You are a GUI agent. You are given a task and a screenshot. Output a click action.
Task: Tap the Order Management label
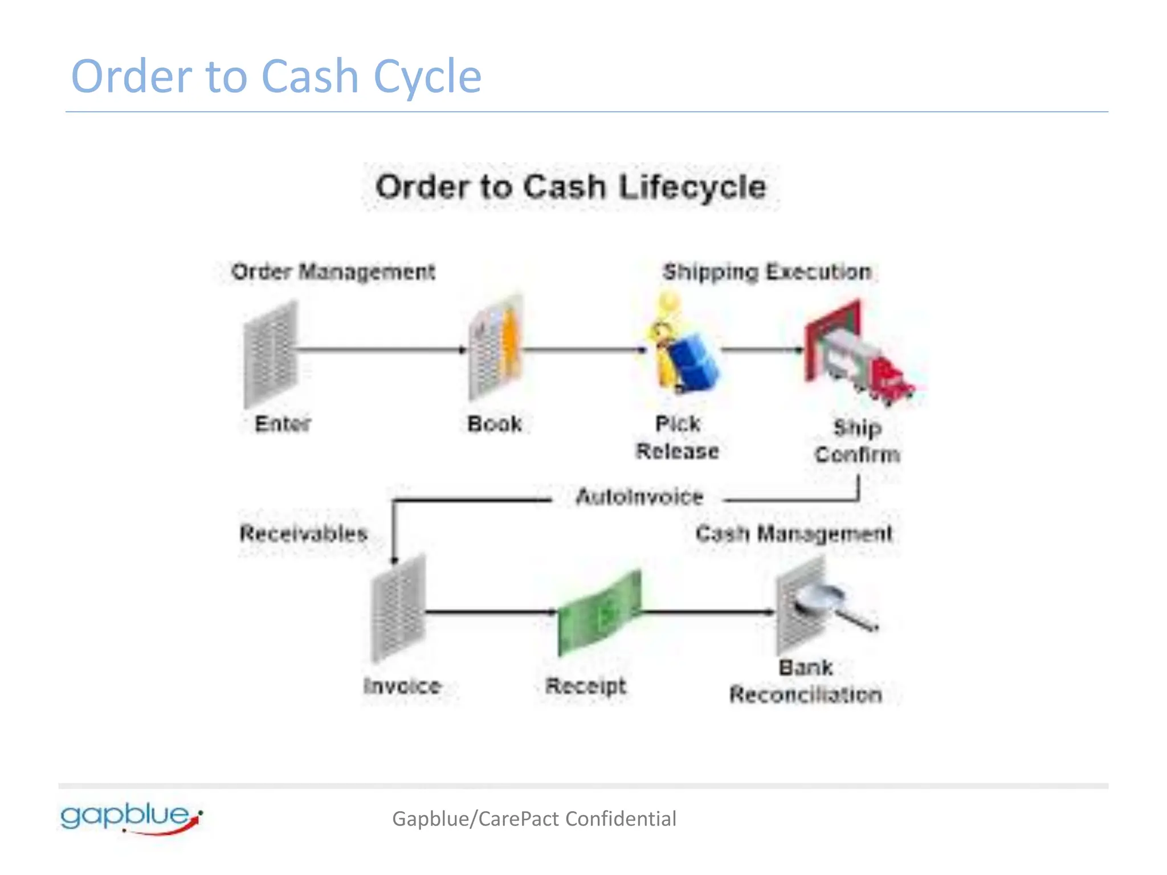[x=333, y=272]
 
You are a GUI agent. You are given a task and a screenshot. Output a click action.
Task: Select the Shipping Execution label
[x=767, y=272]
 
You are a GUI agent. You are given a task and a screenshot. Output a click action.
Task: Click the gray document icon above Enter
[x=270, y=353]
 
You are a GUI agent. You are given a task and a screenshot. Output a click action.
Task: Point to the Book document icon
[x=495, y=347]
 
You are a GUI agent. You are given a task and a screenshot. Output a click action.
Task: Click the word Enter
[x=283, y=424]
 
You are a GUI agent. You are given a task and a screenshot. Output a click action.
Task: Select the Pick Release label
[x=678, y=437]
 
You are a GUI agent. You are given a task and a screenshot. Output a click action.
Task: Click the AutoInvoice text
[x=639, y=497]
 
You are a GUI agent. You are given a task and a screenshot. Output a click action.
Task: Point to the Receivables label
[x=303, y=534]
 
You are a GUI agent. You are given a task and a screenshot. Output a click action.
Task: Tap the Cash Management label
[x=794, y=534]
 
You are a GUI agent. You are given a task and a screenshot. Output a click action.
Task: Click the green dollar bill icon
[x=599, y=613]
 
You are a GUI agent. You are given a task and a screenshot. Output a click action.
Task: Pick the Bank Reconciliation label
[x=806, y=681]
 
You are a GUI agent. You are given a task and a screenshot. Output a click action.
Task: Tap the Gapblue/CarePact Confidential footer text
[x=534, y=819]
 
